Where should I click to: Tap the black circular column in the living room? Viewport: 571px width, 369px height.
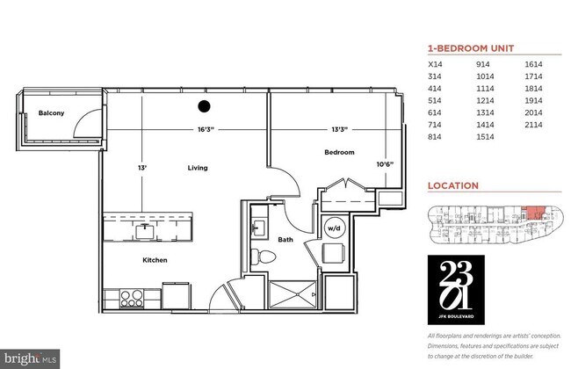pyautogui.click(x=204, y=107)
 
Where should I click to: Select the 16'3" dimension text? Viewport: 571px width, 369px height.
pyautogui.click(x=206, y=130)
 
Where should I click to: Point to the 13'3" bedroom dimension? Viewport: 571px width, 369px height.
pyautogui.click(x=339, y=130)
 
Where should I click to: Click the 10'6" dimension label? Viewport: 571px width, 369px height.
pyautogui.click(x=385, y=163)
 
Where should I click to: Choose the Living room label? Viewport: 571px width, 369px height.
pyautogui.click(x=198, y=166)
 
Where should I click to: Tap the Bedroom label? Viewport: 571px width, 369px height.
pyautogui.click(x=339, y=152)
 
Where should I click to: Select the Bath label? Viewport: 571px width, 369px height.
pyautogui.click(x=285, y=238)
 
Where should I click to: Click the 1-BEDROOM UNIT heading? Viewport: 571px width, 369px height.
pyautogui.click(x=470, y=48)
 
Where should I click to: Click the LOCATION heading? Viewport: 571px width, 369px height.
pyautogui.click(x=452, y=186)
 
